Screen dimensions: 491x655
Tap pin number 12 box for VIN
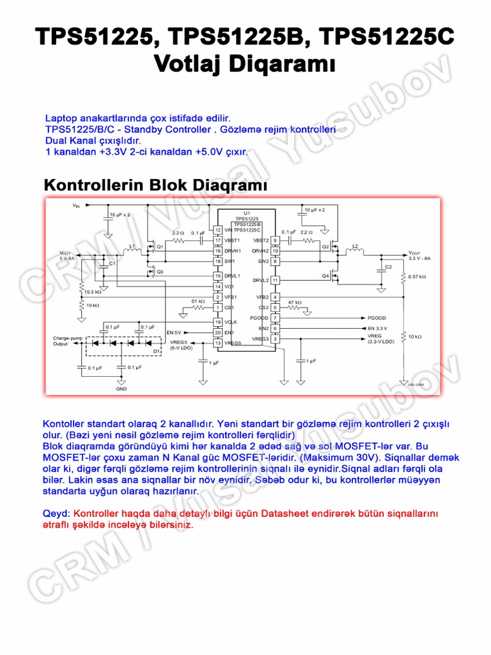pyautogui.click(x=218, y=230)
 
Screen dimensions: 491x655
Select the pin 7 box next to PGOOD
pyautogui.click(x=276, y=318)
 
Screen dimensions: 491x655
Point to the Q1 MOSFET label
pyautogui.click(x=160, y=246)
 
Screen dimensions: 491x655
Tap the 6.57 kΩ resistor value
pyautogui.click(x=417, y=276)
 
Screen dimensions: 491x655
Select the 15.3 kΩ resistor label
pyautogui.click(x=93, y=291)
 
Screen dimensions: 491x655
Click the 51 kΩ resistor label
pyautogui.click(x=198, y=301)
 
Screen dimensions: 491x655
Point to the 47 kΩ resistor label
pyautogui.click(x=295, y=301)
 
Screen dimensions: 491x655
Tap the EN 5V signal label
pyautogui.click(x=174, y=333)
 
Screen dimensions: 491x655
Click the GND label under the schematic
pyautogui.click(x=121, y=389)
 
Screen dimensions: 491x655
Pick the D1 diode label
pyautogui.click(x=157, y=351)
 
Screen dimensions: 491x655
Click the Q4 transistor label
pyautogui.click(x=325, y=276)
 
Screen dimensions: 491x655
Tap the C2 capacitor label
pyautogui.click(x=388, y=265)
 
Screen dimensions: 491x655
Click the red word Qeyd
pyautogui.click(x=56, y=514)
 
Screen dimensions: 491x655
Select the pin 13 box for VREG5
pyautogui.click(x=218, y=343)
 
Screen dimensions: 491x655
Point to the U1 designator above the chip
pyautogui.click(x=246, y=212)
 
